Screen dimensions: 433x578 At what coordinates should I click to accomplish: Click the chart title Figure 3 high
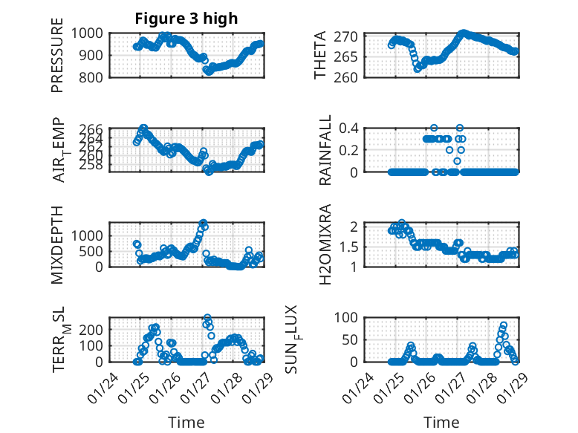[x=186, y=19]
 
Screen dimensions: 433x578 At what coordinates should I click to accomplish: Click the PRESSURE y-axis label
[x=57, y=55]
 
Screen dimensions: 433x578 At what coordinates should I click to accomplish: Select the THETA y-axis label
[x=320, y=55]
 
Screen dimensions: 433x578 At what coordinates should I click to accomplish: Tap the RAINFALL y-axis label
[x=325, y=150]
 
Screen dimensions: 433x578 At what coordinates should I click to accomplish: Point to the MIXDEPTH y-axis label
[x=57, y=244]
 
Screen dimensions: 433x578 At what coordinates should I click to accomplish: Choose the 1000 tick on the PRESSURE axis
[x=90, y=33]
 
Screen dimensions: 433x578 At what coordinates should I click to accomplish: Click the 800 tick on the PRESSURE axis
[x=94, y=76]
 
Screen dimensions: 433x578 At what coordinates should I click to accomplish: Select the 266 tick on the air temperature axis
[x=94, y=129]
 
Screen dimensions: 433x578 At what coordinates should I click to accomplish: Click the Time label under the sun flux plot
[x=441, y=422]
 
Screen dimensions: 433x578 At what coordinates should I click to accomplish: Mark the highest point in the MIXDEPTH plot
[x=202, y=223]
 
